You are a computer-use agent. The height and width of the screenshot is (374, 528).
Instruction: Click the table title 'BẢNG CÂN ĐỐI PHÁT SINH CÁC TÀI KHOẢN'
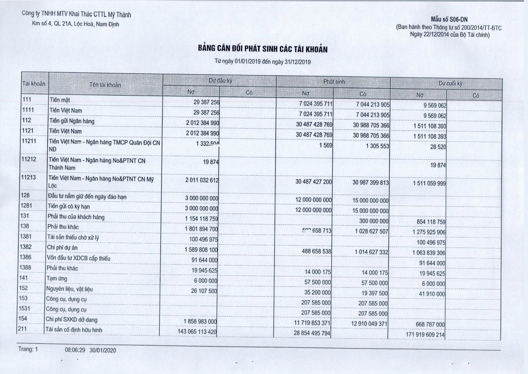pyautogui.click(x=263, y=49)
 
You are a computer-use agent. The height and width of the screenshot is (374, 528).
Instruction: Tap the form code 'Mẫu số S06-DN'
pyautogui.click(x=449, y=19)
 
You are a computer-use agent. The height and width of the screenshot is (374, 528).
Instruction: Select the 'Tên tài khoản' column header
pyautogui.click(x=105, y=85)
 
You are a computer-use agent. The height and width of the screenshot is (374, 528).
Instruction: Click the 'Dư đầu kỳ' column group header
pyautogui.click(x=220, y=80)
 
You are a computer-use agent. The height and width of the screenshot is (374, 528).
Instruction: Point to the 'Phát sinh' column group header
pyautogui.click(x=334, y=82)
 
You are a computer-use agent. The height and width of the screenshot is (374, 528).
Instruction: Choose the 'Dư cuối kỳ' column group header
pyautogui.click(x=450, y=84)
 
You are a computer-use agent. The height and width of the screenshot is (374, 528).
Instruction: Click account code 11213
pyautogui.click(x=28, y=178)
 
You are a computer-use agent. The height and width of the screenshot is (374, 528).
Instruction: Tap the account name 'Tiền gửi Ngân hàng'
pyautogui.click(x=72, y=121)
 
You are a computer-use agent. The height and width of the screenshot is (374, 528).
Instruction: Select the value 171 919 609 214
pyautogui.click(x=425, y=334)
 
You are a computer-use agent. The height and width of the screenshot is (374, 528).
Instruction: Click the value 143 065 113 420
pyautogui.click(x=197, y=331)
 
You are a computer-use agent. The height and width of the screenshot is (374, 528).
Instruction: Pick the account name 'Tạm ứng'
pyautogui.click(x=57, y=279)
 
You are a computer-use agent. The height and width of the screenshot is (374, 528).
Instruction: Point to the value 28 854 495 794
pyautogui.click(x=312, y=333)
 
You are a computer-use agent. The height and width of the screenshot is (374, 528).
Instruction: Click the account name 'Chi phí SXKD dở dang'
pyautogui.click(x=71, y=320)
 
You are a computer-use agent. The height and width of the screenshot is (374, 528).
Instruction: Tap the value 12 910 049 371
pyautogui.click(x=369, y=323)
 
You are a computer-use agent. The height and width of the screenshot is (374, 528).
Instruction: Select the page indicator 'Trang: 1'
pyautogui.click(x=28, y=349)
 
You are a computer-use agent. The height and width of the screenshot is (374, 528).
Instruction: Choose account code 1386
pyautogui.click(x=25, y=257)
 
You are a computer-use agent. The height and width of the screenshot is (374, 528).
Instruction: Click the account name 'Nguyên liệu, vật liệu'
pyautogui.click(x=69, y=289)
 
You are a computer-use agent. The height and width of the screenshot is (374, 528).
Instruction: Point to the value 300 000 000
pyautogui.click(x=374, y=221)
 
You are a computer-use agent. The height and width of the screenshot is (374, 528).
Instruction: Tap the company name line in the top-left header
pyautogui.click(x=76, y=14)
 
